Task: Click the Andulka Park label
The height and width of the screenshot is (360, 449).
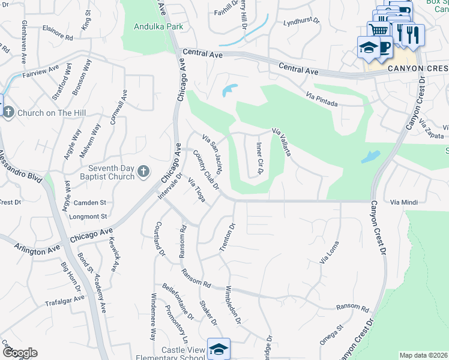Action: click(x=158, y=27)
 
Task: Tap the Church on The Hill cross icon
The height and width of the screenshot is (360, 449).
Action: click(x=8, y=112)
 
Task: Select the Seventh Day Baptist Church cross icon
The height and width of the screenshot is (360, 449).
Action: click(x=143, y=172)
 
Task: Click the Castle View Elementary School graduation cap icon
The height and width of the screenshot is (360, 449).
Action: click(x=218, y=349)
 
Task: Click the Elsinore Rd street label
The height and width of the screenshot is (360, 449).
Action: click(x=57, y=32)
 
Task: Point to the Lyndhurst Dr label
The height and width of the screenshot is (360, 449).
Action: click(x=303, y=23)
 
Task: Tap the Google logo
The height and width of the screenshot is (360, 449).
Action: click(x=19, y=353)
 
